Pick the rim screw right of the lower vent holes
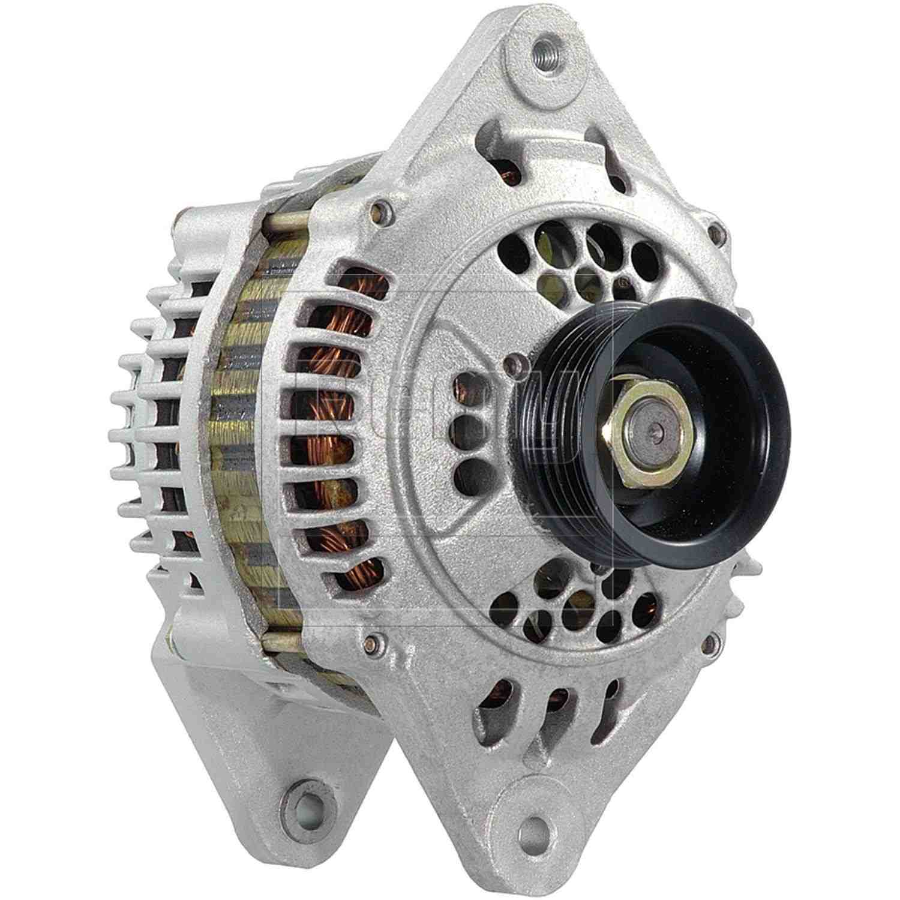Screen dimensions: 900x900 tap(712, 644)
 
